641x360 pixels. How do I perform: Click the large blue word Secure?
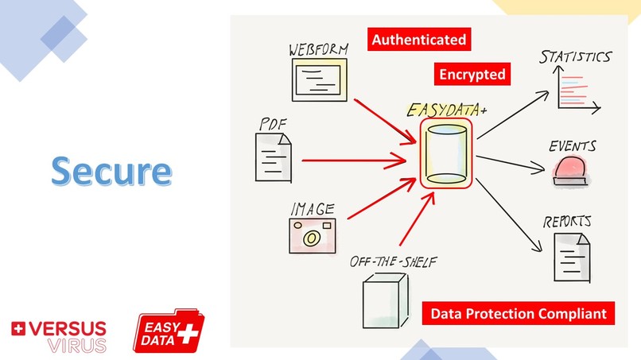pos(111,171)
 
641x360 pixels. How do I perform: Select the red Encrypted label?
pos(472,75)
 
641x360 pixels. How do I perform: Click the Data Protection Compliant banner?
pos(519,313)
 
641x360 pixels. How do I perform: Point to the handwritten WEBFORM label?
pos(318,51)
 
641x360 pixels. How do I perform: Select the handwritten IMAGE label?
pos(312,210)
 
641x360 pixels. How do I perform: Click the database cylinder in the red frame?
pos(446,154)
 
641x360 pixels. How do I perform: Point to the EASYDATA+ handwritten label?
pos(447,110)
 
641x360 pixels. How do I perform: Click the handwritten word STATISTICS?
pos(575,57)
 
